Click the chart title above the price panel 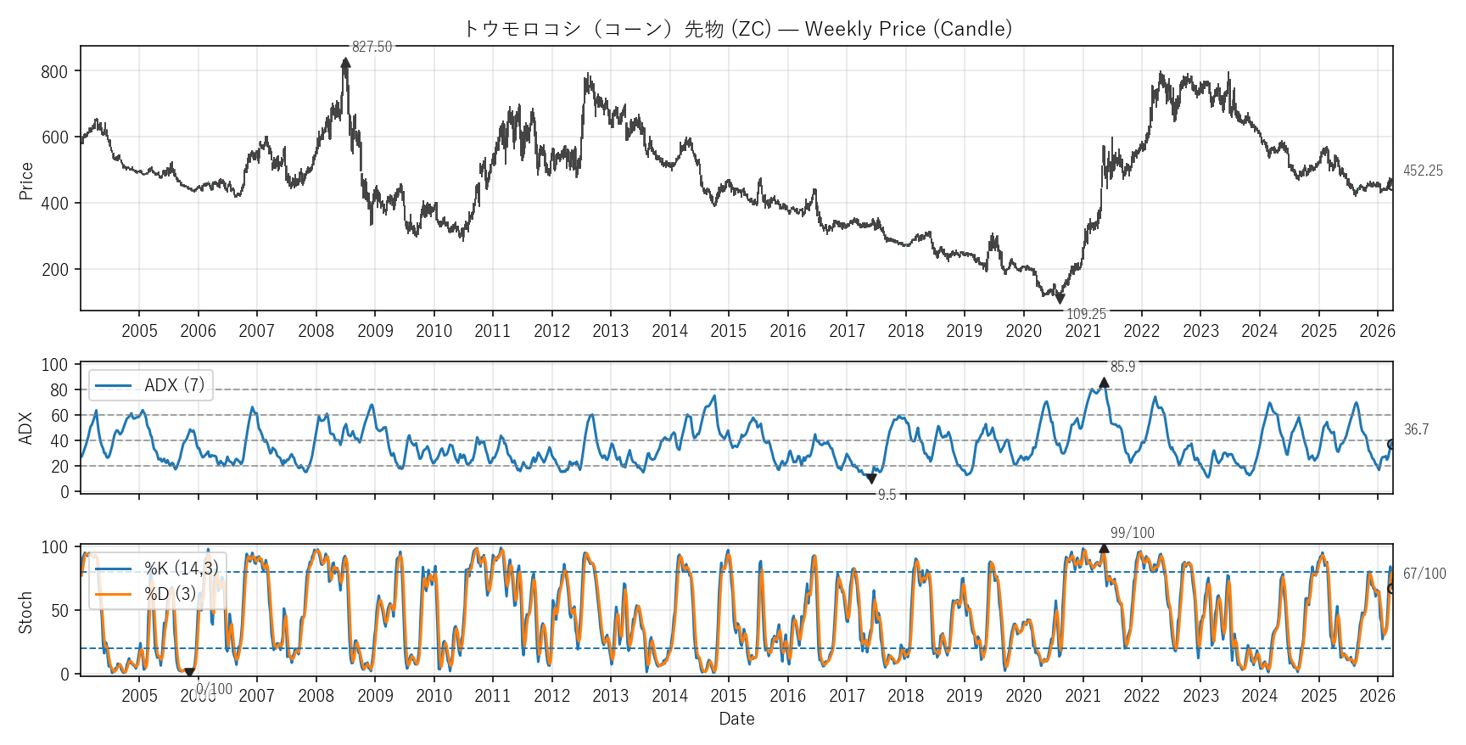(x=736, y=29)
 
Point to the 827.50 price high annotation (x=372, y=47)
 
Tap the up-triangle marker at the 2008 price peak (x=345, y=62)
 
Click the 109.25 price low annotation (x=1086, y=314)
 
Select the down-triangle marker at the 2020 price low (x=1060, y=299)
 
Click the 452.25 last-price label (x=1423, y=171)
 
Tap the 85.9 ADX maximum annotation (x=1122, y=367)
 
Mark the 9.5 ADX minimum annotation (x=887, y=495)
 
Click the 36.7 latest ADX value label (x=1416, y=429)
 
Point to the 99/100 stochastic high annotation (x=1132, y=533)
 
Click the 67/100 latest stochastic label (x=1424, y=574)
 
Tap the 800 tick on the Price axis (x=54, y=72)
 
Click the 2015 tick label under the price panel (x=728, y=331)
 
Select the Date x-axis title (x=736, y=719)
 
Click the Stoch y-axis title (x=25, y=612)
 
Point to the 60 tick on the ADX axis (x=59, y=416)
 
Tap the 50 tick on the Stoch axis (x=59, y=611)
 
